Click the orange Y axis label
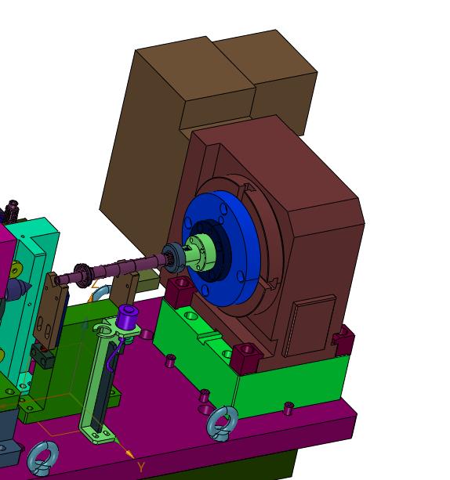pos(140,467)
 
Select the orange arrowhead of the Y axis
pos(130,454)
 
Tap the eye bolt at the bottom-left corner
pos(42,458)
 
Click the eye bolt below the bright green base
pos(222,424)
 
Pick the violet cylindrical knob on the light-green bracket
pos(127,317)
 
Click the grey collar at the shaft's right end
pos(173,258)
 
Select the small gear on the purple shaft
pos(82,275)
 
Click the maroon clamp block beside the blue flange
pos(180,292)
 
